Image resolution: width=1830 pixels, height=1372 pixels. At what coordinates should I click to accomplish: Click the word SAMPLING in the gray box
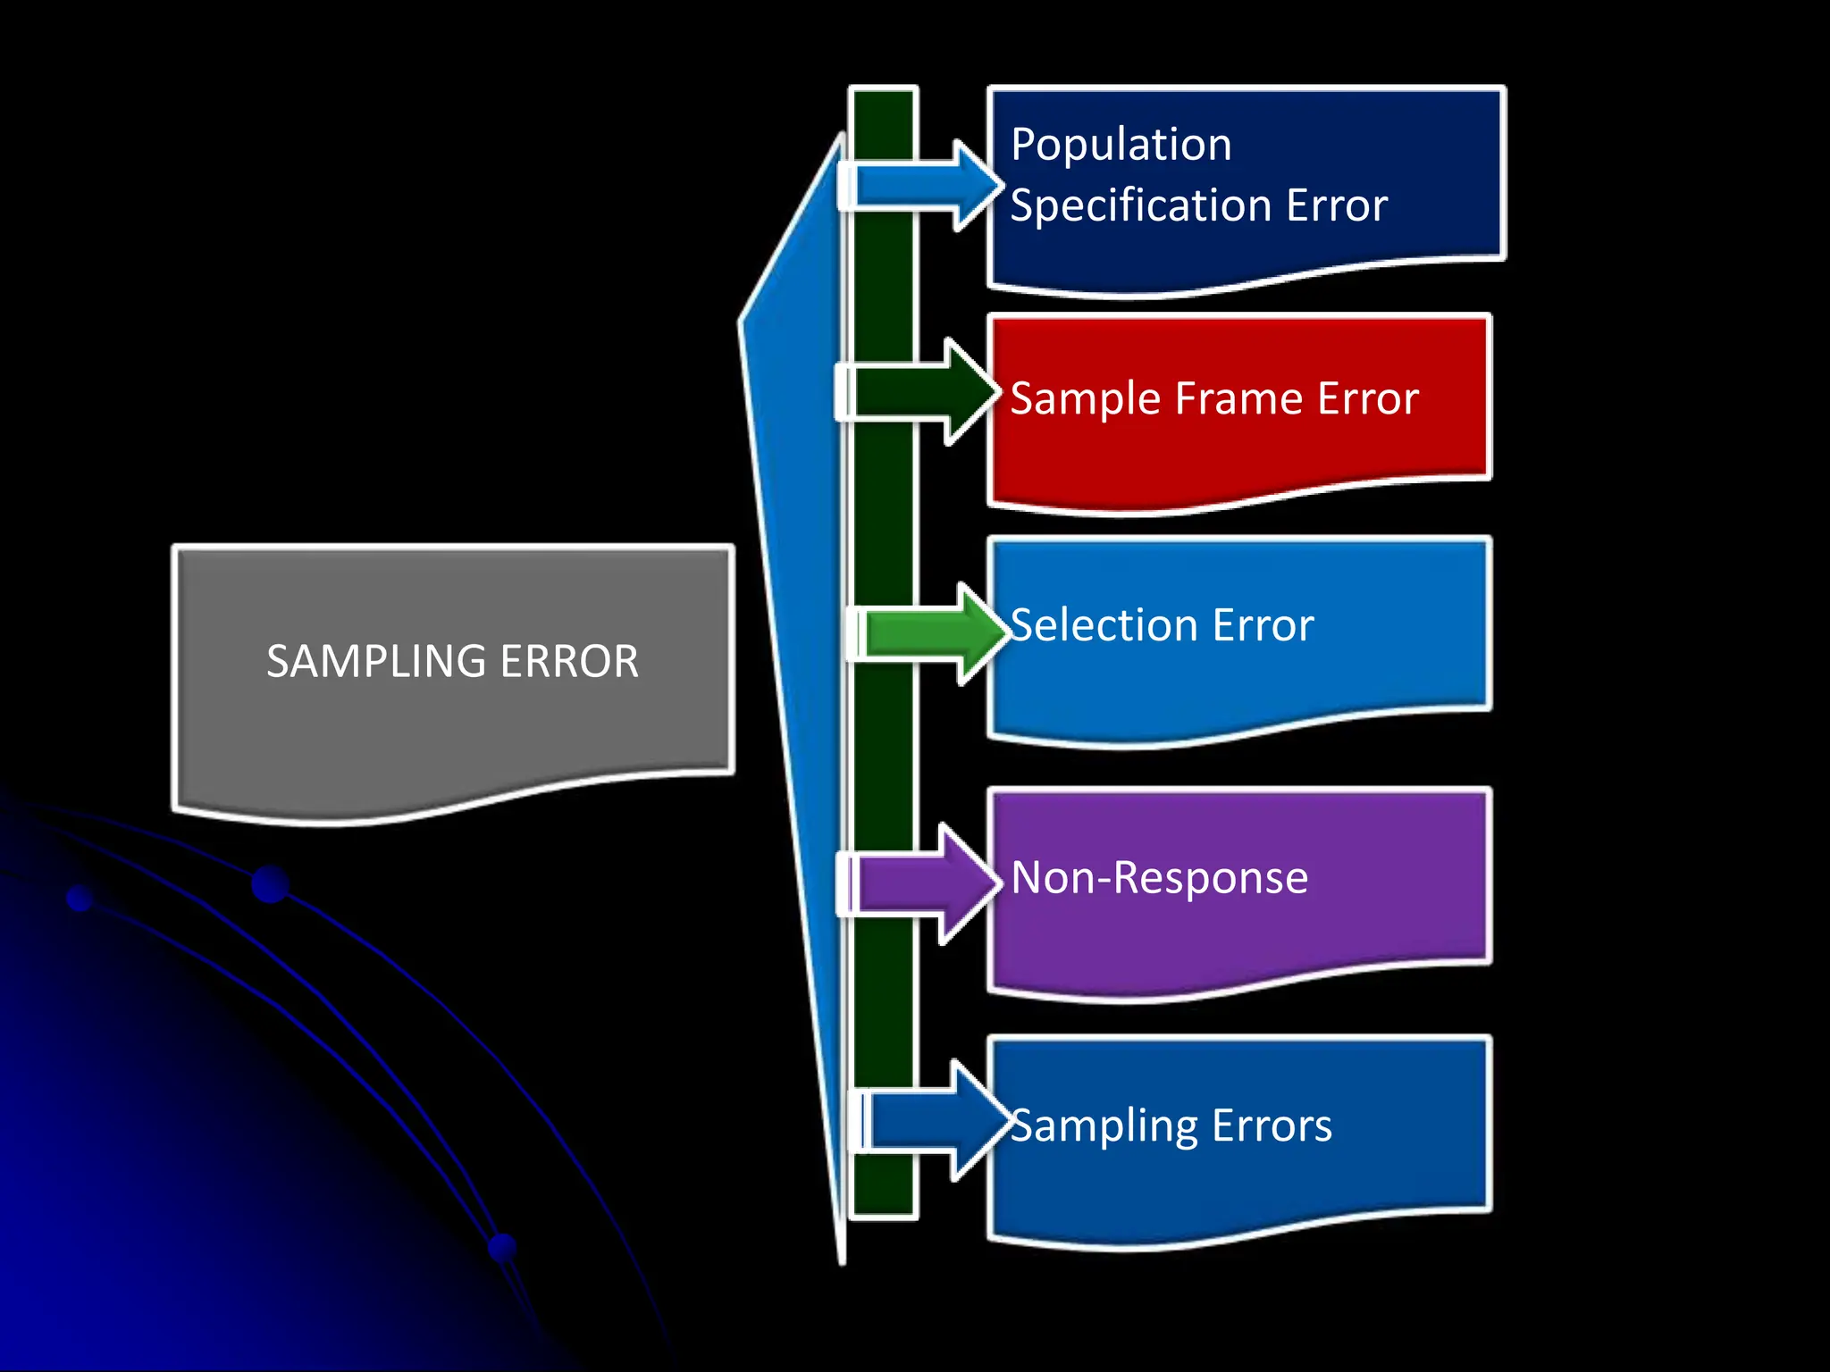pyautogui.click(x=376, y=662)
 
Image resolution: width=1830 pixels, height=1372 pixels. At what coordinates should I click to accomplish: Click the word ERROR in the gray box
pyautogui.click(x=569, y=662)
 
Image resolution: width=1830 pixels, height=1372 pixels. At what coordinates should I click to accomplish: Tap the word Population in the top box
pyautogui.click(x=1121, y=145)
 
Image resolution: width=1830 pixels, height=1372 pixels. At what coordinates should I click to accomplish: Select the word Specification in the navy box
pyautogui.click(x=1140, y=206)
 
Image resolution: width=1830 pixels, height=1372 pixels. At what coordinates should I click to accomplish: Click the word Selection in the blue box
pyautogui.click(x=1104, y=625)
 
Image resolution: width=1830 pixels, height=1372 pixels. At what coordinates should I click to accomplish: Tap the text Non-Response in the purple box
pyautogui.click(x=1159, y=878)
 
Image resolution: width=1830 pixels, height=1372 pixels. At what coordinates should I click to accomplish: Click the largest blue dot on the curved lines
pyautogui.click(x=270, y=884)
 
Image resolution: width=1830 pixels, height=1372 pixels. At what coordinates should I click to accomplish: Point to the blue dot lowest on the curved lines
pyautogui.click(x=503, y=1248)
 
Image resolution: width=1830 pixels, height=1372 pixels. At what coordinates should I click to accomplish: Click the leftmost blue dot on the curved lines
pyautogui.click(x=80, y=898)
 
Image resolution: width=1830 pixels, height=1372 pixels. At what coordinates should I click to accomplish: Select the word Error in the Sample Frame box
pyautogui.click(x=1367, y=398)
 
